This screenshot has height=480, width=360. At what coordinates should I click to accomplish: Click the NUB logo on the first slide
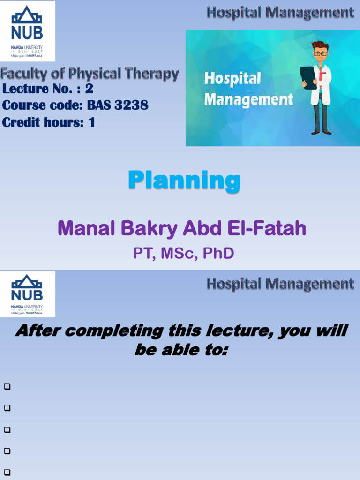point(28,31)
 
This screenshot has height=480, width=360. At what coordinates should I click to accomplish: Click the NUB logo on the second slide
point(28,293)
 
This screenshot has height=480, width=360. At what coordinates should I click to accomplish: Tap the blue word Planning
point(184,180)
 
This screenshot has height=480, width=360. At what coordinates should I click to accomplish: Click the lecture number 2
point(89,89)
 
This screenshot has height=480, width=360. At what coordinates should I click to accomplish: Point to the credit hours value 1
point(91,122)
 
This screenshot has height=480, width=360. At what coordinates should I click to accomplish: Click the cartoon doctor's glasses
point(320,53)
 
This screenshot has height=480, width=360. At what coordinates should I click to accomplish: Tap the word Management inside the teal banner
point(248,99)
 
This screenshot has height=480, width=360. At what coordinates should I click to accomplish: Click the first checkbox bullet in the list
point(7,387)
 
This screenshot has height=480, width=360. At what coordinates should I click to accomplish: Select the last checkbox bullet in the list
point(7,472)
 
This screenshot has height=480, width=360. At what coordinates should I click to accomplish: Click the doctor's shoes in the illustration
point(322,132)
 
